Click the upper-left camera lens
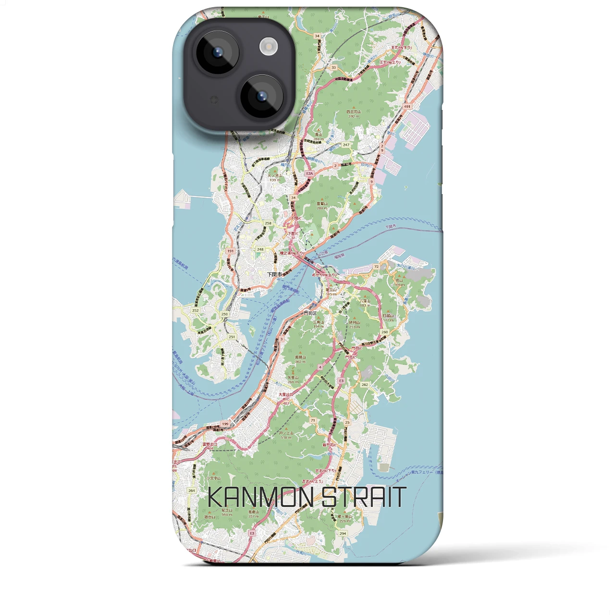coord(217,52)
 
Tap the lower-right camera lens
coord(261,96)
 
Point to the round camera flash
coord(268,47)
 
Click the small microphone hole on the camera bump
coord(214,99)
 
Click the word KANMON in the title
coord(261,497)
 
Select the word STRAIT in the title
coord(364,497)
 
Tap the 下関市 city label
coord(274,274)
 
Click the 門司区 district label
coord(310,313)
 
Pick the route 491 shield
coord(407,107)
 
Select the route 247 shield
coord(346,145)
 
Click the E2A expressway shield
coord(309,173)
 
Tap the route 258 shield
coord(268,223)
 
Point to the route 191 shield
coord(231,251)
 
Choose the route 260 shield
coord(384,332)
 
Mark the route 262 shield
coord(365,384)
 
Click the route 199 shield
coord(225,424)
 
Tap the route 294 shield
coord(343,533)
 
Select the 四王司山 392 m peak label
coord(354,114)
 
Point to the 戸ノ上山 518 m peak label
coord(286,435)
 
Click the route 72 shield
coord(376,266)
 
